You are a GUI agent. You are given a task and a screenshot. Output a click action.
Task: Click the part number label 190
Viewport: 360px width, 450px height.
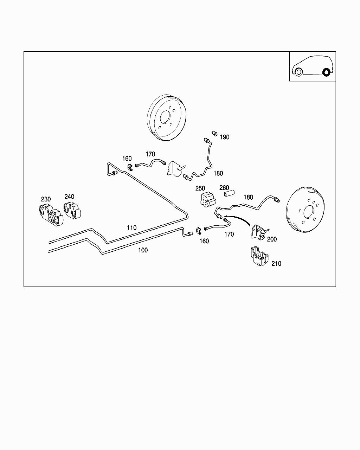[x=225, y=137]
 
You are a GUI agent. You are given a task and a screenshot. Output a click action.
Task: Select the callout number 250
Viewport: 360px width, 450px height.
[x=200, y=189]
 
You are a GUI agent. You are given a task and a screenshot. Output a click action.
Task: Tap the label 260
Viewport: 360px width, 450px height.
[x=224, y=188]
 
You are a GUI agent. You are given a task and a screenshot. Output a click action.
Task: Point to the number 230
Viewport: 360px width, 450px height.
[x=46, y=199]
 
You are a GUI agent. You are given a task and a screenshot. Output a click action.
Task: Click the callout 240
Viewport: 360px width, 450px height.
[x=69, y=197]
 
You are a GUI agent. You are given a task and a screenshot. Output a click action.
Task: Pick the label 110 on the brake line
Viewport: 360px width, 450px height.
[x=131, y=228]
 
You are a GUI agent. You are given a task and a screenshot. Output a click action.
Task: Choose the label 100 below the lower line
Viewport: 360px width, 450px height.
[x=143, y=250]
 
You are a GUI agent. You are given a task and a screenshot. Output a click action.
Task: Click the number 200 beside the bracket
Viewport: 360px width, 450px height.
[x=272, y=239]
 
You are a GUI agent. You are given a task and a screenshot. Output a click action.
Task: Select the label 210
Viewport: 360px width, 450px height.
[x=276, y=264]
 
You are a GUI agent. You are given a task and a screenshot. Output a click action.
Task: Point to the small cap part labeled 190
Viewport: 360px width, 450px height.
[x=214, y=133]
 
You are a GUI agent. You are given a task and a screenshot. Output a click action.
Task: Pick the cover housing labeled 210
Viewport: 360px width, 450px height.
[x=258, y=257]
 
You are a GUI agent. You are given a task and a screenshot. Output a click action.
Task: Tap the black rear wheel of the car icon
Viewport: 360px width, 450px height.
[x=326, y=73]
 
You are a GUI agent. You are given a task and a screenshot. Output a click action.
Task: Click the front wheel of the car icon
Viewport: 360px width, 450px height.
[x=298, y=72]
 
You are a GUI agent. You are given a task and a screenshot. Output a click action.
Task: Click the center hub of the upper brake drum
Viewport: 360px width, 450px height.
[x=165, y=117]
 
